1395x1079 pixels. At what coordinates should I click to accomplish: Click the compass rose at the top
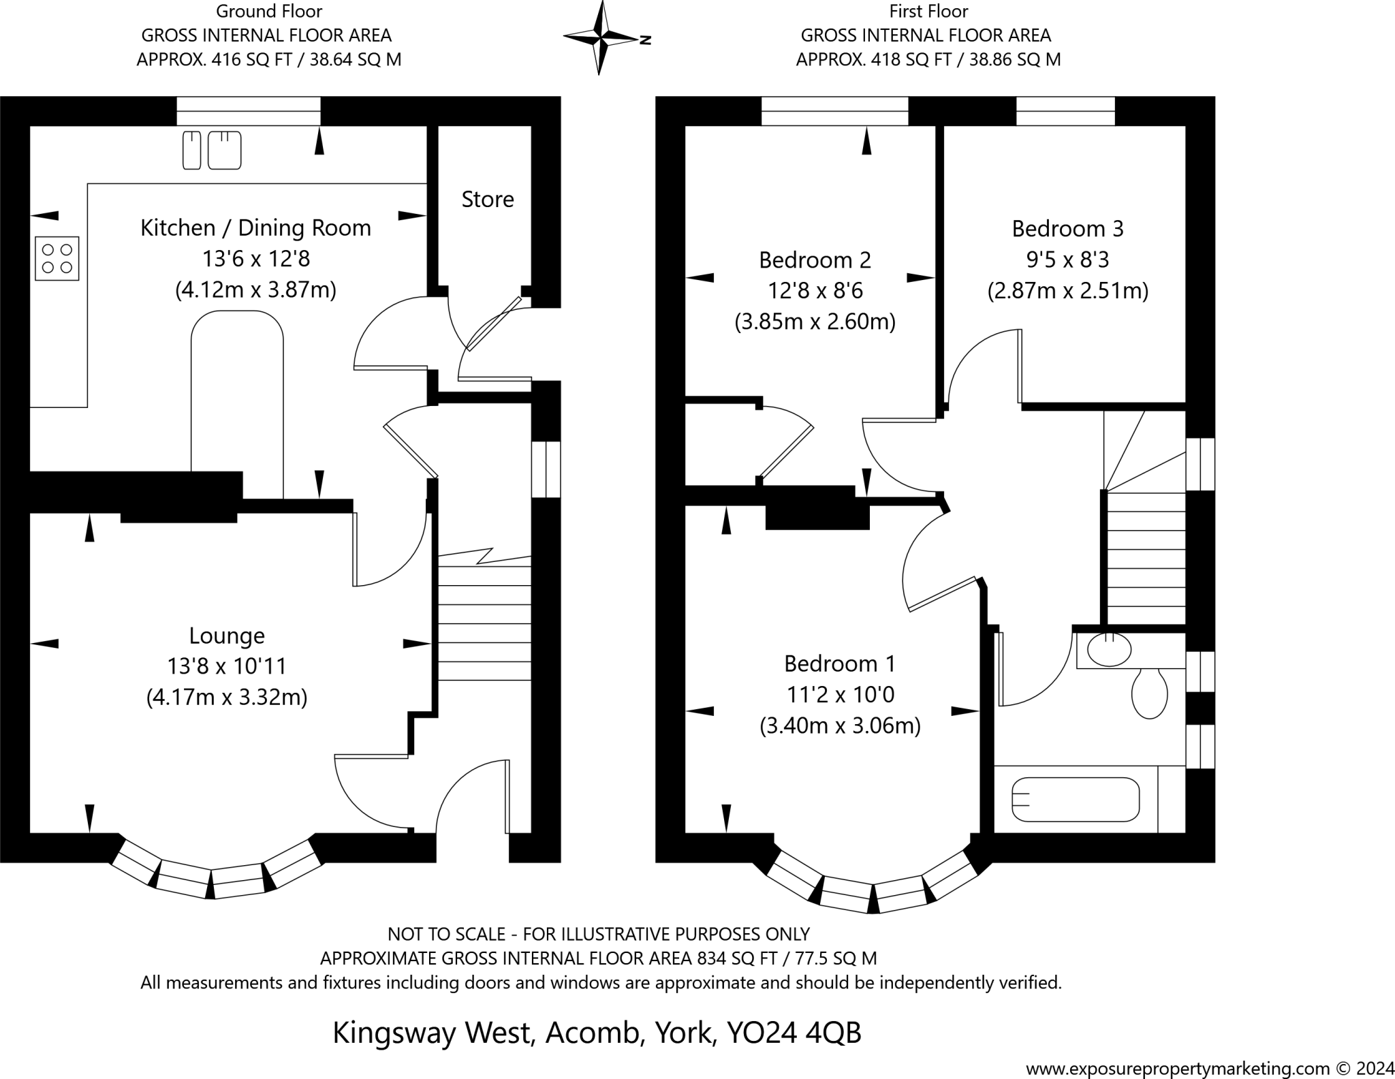(600, 37)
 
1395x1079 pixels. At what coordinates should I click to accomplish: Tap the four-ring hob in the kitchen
(57, 258)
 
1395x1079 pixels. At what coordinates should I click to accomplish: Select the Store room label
(488, 199)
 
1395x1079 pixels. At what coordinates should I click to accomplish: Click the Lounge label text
(227, 636)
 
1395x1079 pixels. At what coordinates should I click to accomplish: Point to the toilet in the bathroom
(1149, 693)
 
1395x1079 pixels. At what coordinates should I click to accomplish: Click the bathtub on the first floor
(1076, 799)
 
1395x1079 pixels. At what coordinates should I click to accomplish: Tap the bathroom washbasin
(1109, 649)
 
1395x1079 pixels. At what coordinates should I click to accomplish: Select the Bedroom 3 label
(1067, 228)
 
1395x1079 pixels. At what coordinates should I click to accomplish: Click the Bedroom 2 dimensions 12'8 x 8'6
(815, 291)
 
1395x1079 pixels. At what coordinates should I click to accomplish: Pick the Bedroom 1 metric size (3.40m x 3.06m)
(840, 726)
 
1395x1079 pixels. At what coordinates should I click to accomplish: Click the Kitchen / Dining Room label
(255, 228)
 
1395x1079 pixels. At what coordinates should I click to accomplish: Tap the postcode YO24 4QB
(794, 1033)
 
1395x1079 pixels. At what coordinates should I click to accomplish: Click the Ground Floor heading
(269, 11)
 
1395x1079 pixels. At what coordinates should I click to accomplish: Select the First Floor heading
(928, 11)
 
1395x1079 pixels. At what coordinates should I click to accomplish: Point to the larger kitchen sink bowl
(224, 150)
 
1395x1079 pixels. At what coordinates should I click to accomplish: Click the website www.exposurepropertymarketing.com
(1178, 1067)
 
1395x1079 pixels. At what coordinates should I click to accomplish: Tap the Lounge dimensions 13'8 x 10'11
(227, 666)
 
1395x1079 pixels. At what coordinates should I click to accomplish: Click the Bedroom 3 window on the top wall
(1065, 111)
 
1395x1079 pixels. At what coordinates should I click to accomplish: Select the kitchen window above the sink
(249, 111)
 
